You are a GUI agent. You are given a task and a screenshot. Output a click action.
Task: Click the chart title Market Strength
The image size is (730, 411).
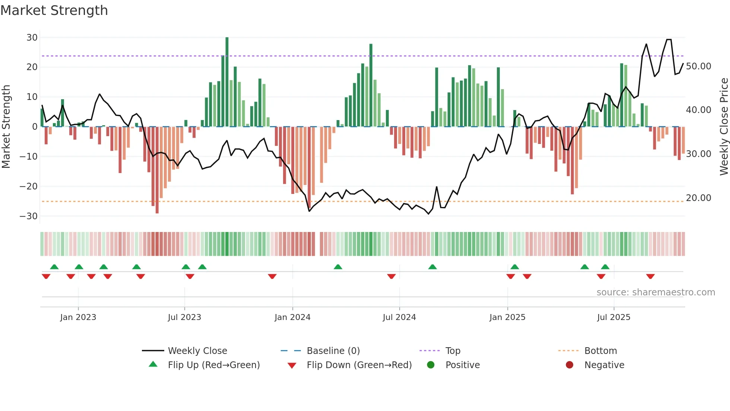[x=54, y=10]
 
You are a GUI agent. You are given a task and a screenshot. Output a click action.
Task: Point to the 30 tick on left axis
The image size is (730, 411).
[x=32, y=38]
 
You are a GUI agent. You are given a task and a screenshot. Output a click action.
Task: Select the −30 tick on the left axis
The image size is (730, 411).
[x=29, y=216]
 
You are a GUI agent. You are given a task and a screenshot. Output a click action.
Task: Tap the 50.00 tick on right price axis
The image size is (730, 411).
[x=698, y=66]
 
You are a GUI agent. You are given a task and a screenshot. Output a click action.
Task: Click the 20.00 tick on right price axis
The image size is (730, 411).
[x=698, y=198]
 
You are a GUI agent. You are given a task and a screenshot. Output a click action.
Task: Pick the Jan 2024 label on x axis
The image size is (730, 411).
[x=292, y=317]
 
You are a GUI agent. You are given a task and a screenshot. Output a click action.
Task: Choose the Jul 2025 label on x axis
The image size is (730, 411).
[x=613, y=317]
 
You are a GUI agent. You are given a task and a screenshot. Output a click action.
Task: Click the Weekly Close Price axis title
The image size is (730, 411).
[x=724, y=127]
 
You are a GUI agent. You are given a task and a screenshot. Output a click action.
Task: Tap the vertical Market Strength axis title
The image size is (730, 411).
[x=6, y=127]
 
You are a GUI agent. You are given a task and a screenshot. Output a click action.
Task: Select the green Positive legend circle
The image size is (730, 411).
[x=431, y=365]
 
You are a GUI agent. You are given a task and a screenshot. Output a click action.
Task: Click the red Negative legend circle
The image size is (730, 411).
[x=569, y=365]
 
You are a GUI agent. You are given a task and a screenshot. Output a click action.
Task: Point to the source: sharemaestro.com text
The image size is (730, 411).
[x=656, y=292]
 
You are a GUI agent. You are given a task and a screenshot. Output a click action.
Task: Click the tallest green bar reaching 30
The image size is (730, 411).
[x=227, y=82]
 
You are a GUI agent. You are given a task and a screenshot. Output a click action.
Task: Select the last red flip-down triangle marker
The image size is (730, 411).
[x=650, y=276]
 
